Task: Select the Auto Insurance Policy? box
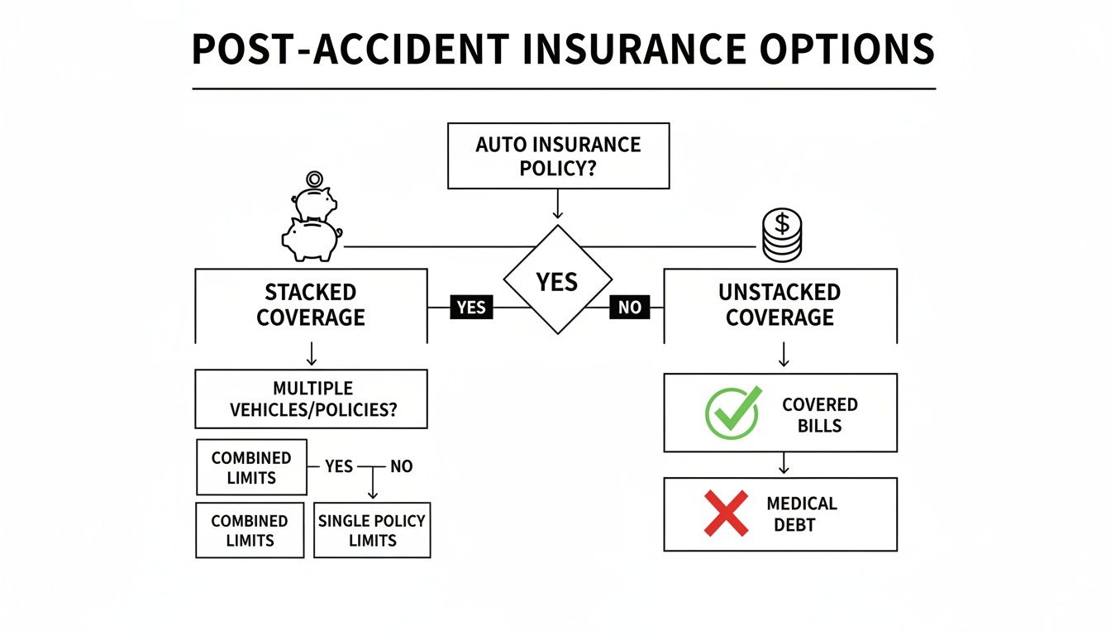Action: tap(558, 156)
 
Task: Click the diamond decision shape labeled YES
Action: tap(557, 281)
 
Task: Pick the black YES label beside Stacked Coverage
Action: tap(471, 308)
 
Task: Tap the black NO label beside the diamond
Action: tap(629, 308)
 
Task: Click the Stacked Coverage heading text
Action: tap(311, 305)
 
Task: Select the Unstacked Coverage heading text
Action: tap(780, 305)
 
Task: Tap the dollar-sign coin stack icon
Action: tap(781, 234)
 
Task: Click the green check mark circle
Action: tap(731, 413)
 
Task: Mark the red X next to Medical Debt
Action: tap(725, 513)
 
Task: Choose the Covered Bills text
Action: tap(819, 414)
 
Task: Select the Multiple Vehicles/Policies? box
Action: tap(311, 399)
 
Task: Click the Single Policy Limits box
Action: tap(372, 530)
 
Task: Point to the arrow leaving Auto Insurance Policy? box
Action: tap(557, 205)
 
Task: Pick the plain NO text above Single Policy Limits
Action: tap(401, 467)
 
